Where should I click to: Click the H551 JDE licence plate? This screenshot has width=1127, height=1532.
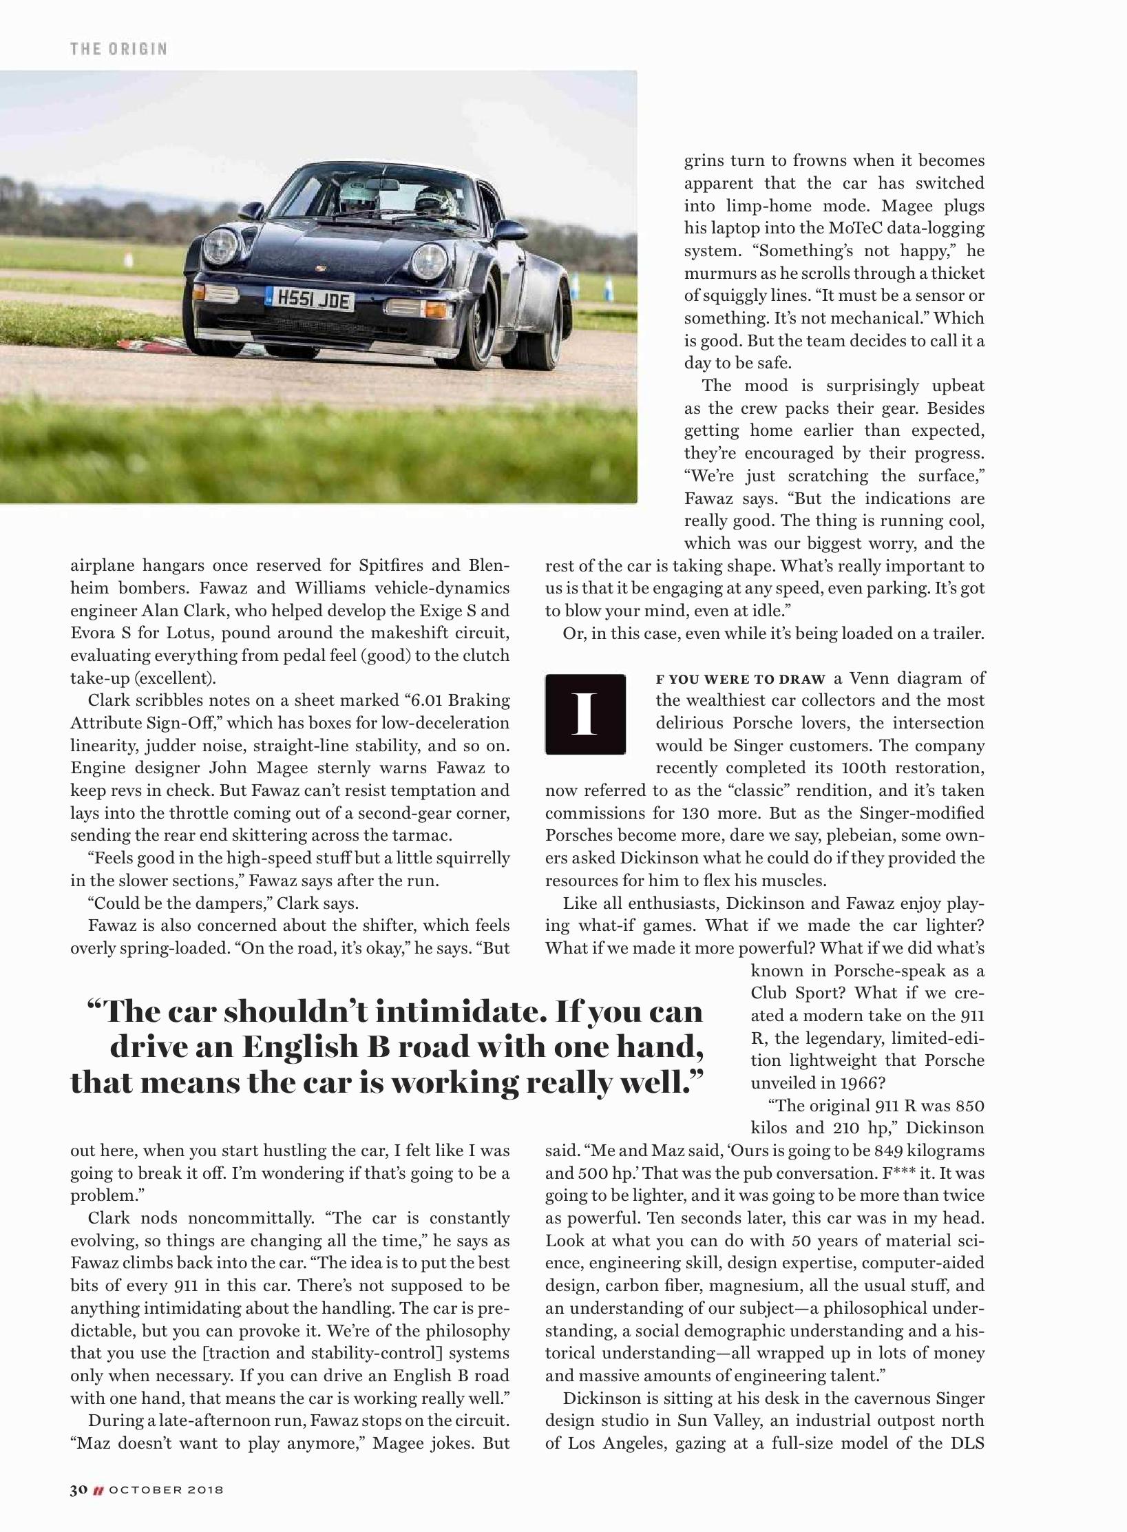312,300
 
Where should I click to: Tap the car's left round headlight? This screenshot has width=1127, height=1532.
219,246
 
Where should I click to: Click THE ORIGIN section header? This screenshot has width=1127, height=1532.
118,49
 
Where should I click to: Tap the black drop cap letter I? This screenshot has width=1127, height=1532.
585,714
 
